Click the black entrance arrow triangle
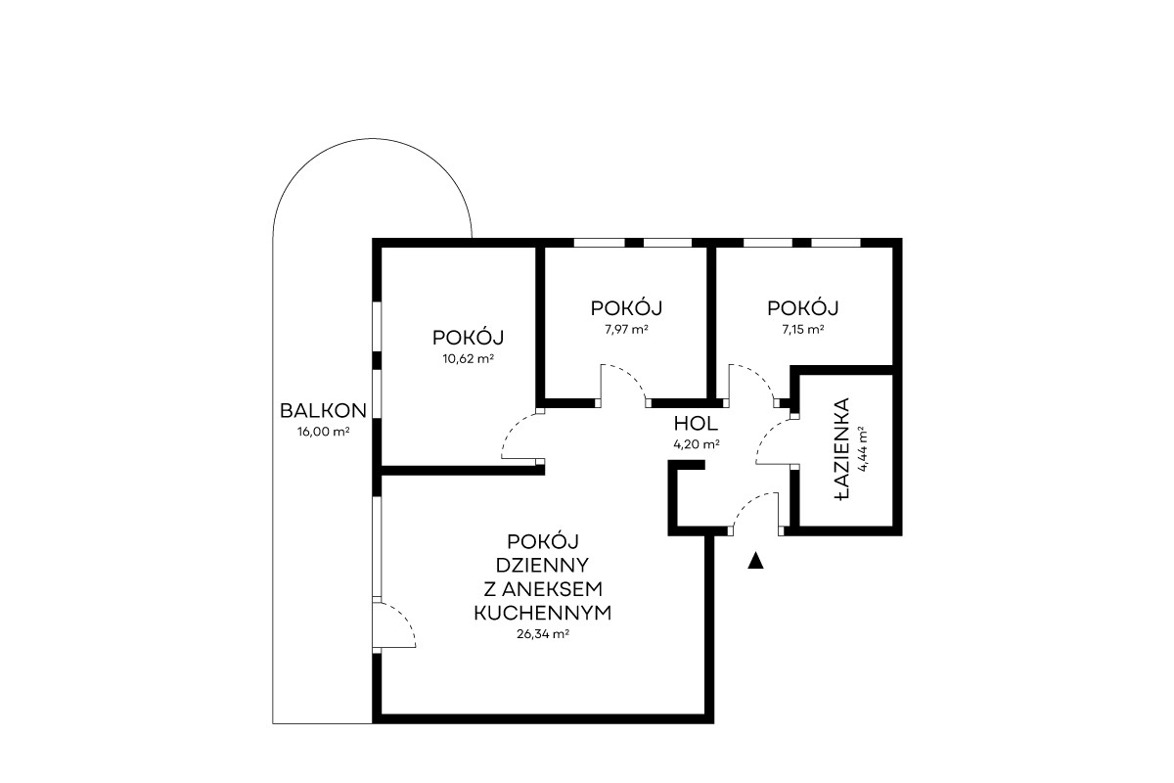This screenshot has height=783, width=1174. point(755,561)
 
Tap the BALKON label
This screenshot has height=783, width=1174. point(323,411)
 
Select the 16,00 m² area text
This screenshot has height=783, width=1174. point(324,432)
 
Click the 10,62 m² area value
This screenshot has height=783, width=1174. point(469,359)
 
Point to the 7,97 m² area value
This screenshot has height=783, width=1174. point(627,330)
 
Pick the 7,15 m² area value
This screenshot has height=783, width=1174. point(802,330)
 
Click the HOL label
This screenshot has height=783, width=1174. point(696,423)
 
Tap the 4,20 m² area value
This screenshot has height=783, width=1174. point(696,444)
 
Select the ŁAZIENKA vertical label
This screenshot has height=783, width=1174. point(840,449)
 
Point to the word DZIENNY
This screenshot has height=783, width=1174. point(542,565)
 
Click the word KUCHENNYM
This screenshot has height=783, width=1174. point(542,613)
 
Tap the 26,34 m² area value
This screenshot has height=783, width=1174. point(542,633)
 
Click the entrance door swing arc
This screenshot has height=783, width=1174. point(746,503)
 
